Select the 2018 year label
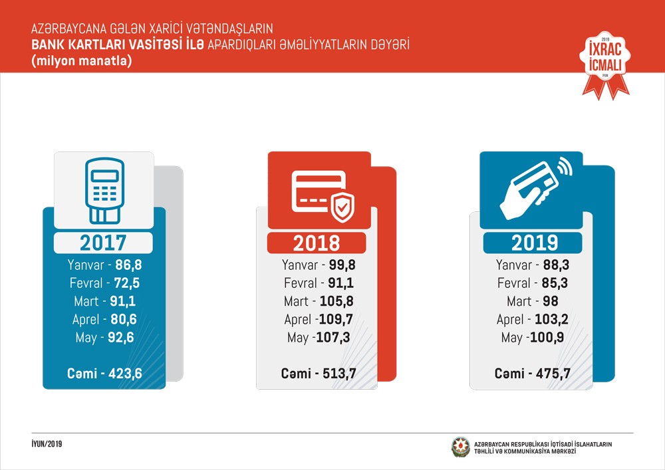coord(316,243)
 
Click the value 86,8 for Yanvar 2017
coord(129,265)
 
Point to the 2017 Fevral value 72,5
coord(126,284)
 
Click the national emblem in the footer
coord(460,447)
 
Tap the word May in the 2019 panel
coord(511,338)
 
